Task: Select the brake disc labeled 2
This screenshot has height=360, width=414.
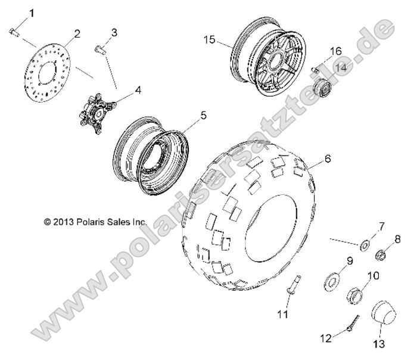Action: click(x=49, y=73)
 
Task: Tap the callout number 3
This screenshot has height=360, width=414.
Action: click(x=114, y=32)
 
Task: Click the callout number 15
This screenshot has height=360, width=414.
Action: click(x=208, y=41)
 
